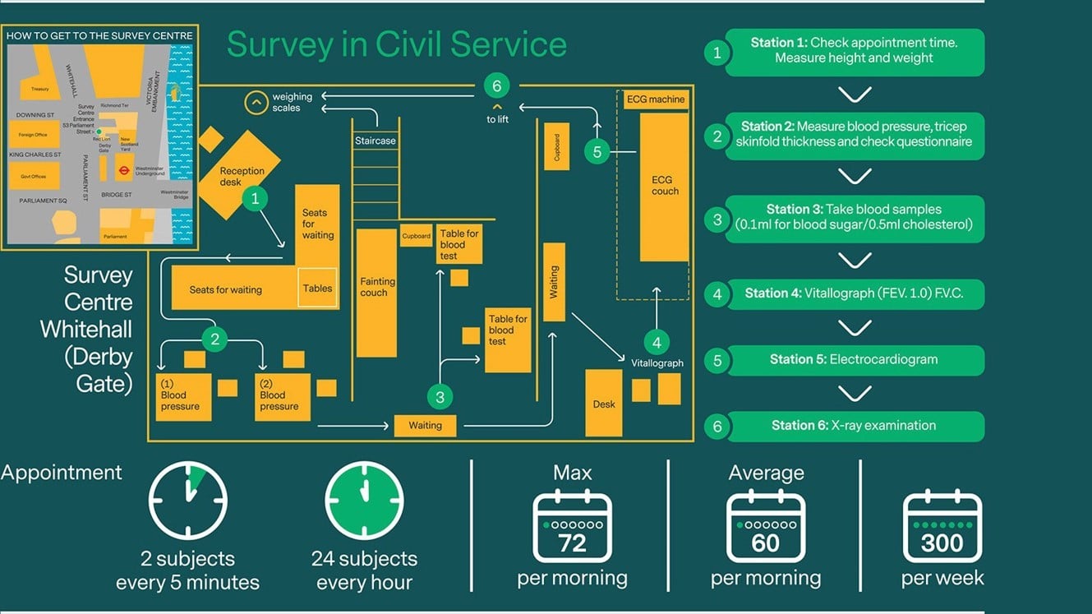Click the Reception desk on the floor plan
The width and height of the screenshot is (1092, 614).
coord(239,175)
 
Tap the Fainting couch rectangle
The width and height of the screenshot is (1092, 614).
coord(376,291)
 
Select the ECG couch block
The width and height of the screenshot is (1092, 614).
coord(664,187)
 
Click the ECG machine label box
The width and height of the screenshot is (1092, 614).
coord(655,99)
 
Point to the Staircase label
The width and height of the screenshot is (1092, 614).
coord(376,141)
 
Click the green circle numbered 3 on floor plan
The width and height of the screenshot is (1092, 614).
coord(440,398)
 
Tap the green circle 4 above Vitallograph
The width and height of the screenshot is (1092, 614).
coord(657,343)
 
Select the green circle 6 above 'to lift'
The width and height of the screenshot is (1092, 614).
coord(496,85)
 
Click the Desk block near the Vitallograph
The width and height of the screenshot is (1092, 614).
coord(604,403)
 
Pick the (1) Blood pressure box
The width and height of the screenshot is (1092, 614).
coord(183,397)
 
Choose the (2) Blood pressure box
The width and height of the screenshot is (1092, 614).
coord(282,397)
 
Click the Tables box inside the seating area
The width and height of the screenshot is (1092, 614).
coord(317,288)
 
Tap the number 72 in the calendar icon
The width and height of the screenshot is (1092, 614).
coord(573,543)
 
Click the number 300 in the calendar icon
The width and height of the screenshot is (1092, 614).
coord(942,543)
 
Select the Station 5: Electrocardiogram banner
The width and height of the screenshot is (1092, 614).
coord(854,360)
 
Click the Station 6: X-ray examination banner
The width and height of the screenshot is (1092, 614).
coord(854,426)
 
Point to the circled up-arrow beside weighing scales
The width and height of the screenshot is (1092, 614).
coord(256,103)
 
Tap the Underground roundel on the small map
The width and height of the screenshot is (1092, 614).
coord(122,171)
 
